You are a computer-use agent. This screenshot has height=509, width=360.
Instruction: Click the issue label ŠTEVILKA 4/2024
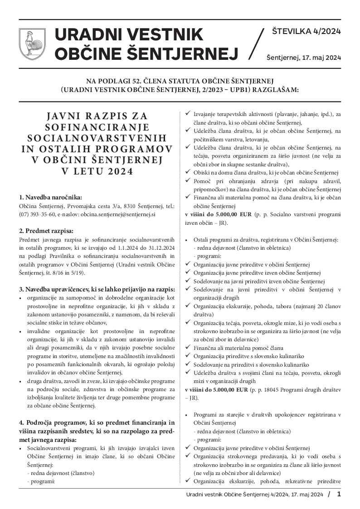(306, 31)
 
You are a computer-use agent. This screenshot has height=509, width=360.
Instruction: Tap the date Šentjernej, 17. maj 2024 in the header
(303, 58)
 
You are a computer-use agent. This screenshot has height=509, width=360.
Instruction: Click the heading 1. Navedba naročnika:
(50, 197)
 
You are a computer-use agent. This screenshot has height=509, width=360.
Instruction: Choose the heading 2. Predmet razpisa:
(46, 230)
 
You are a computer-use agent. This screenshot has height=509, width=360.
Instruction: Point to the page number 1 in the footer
(339, 494)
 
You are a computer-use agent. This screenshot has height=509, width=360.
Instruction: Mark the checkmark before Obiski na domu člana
(188, 172)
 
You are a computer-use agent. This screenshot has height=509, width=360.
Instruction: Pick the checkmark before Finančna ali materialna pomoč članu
(188, 348)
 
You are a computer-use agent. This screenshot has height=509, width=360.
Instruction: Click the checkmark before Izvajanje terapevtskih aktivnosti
(188, 114)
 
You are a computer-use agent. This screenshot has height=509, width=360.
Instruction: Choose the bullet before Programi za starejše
(188, 415)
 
